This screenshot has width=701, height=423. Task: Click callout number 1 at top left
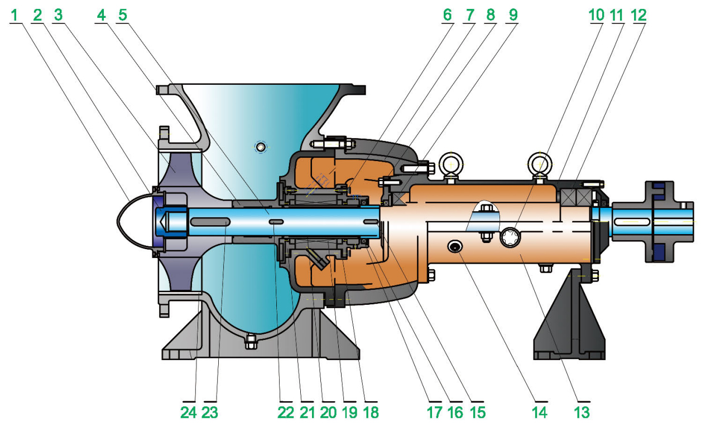coord(16,15)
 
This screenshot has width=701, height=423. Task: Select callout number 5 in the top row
coord(123,15)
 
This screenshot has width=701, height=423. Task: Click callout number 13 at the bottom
coord(582,412)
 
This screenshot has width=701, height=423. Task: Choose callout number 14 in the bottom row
coord(540,412)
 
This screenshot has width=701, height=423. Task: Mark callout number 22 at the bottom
coord(286,412)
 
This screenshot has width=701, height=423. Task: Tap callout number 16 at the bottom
coord(455,412)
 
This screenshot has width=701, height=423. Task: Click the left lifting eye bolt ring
coord(450,164)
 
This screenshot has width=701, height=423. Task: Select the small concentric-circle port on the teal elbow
coord(260,147)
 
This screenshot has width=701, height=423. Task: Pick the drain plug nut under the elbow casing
coord(251,338)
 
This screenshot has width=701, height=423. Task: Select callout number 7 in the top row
coord(469,15)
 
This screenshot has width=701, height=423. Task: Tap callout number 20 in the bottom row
coord(328,412)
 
